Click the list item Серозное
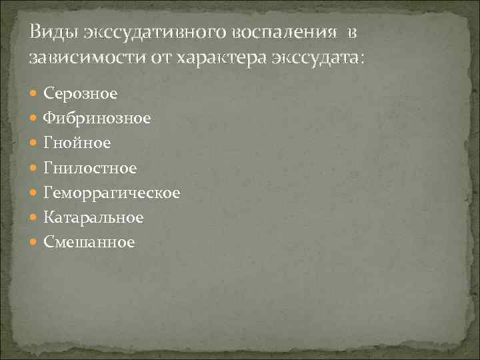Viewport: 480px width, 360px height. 80,93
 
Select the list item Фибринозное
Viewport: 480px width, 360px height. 97,118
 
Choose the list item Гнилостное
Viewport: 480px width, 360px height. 90,168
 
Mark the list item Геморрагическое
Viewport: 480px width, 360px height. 111,193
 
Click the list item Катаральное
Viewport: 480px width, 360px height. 93,217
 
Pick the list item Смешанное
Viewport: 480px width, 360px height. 89,243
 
